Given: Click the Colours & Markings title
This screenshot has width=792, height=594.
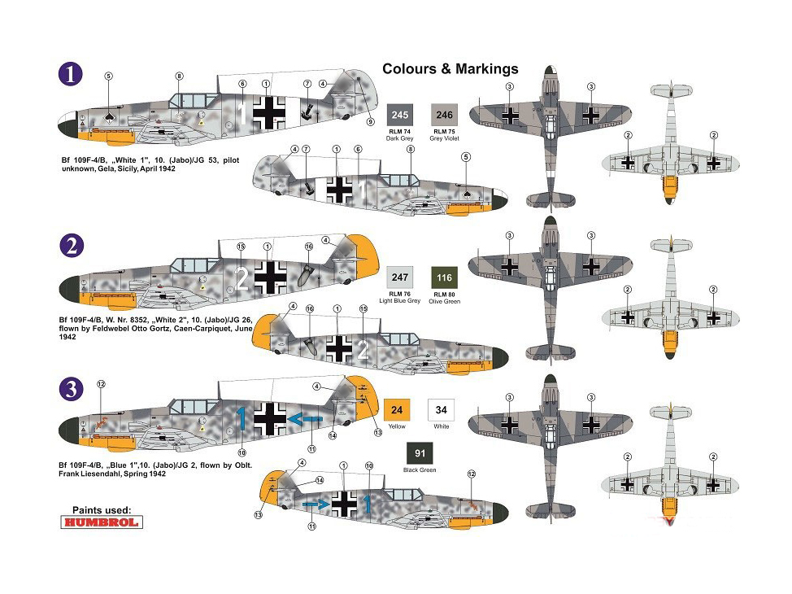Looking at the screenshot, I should pos(450,69).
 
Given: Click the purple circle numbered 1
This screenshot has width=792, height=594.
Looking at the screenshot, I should pos(72,73).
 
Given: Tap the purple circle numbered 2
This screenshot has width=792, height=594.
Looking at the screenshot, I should pos(72,245).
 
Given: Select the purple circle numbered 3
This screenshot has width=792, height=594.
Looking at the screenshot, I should pos(72,387).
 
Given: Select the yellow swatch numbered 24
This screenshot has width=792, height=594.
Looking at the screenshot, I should pos(398,409).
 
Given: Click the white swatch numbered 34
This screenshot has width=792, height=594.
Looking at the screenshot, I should pos(442,409).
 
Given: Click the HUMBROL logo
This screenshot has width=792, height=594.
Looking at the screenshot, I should pos(102,522).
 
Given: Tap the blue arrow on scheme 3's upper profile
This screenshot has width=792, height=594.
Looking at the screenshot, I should pos(306,418).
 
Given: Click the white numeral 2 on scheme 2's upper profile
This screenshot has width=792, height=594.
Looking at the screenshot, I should pos(241,279).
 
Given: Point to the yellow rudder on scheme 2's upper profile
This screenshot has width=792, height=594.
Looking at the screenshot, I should pos(360,252).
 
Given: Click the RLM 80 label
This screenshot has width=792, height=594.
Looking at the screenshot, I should pos(442,295).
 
